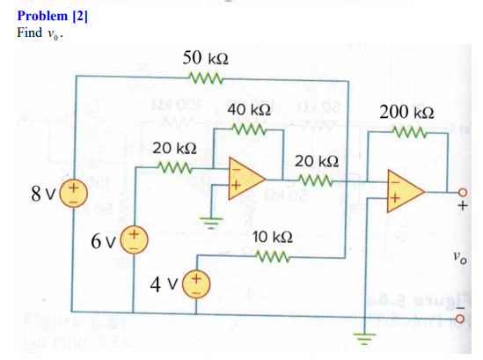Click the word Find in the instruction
coord(28,33)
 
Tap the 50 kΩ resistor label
coord(207,58)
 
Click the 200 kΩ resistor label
coord(406,112)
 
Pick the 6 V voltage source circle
coord(133,237)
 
